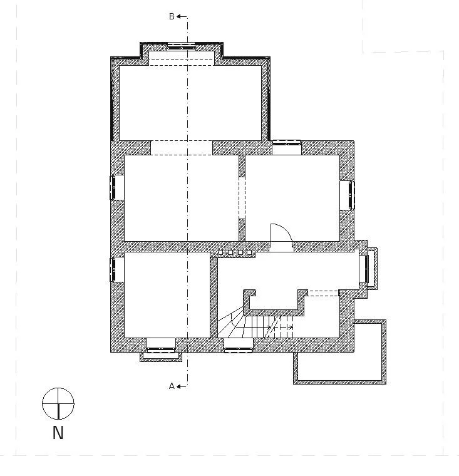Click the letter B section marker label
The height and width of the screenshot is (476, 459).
point(172,17)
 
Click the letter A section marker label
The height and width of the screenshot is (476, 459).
point(172,386)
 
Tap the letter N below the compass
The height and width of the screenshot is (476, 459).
point(58,432)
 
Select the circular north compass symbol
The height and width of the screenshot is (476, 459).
point(58,403)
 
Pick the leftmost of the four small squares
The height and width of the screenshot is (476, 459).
point(221,252)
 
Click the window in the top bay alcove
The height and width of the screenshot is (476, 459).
point(181,46)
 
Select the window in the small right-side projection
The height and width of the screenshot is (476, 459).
point(364,269)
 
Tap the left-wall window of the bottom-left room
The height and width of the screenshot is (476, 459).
point(113,269)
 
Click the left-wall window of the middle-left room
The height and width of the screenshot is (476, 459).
point(113,187)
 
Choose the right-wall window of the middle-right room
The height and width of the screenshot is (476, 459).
point(351,195)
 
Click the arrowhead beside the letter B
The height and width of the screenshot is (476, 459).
point(179,17)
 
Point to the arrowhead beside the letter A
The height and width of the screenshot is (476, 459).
point(179,386)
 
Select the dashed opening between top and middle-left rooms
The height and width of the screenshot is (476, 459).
point(182,147)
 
